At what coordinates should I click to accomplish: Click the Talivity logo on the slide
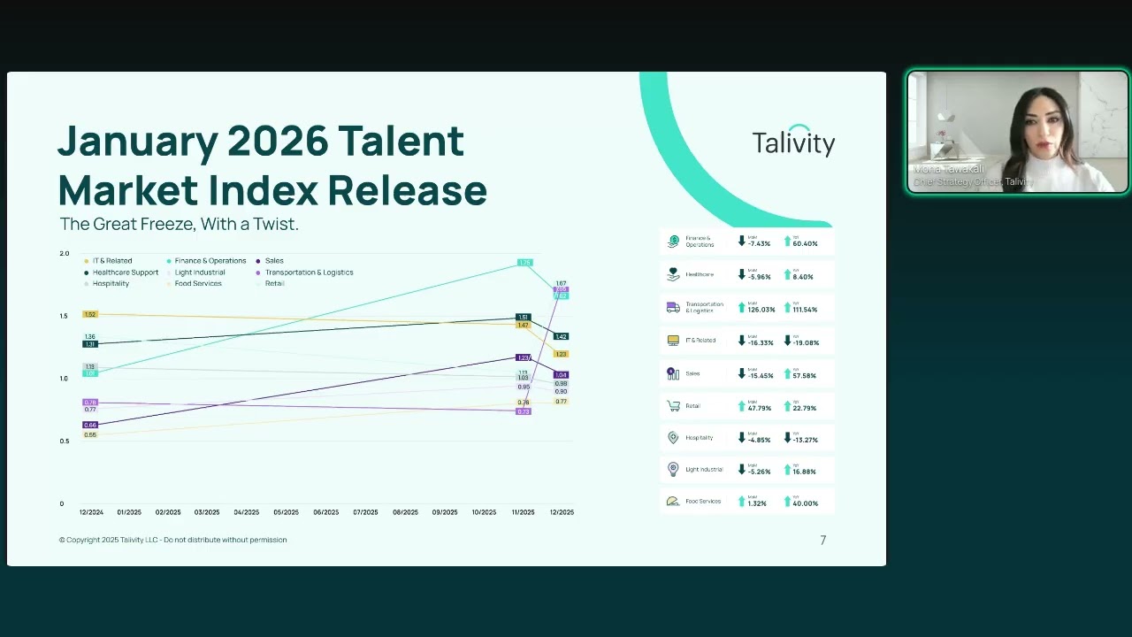click(x=793, y=142)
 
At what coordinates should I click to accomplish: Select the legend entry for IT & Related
click(x=111, y=261)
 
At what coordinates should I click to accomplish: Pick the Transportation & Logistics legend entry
click(x=309, y=272)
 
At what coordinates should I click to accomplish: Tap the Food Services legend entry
click(x=198, y=284)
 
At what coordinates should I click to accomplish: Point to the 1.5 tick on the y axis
click(x=64, y=316)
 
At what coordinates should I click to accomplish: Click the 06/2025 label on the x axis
click(x=325, y=512)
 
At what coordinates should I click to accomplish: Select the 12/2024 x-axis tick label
click(x=91, y=512)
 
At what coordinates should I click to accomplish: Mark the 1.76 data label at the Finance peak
click(x=524, y=263)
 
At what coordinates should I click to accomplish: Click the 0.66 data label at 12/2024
click(x=90, y=426)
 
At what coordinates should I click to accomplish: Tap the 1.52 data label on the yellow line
click(x=90, y=314)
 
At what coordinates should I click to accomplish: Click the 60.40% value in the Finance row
click(x=805, y=243)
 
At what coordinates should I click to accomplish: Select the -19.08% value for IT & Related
click(x=805, y=342)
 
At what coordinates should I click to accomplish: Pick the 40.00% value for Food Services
click(x=805, y=503)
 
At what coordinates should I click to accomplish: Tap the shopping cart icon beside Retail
click(x=673, y=406)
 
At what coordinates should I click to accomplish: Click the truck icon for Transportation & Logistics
click(x=673, y=307)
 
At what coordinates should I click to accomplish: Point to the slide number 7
click(x=822, y=541)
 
